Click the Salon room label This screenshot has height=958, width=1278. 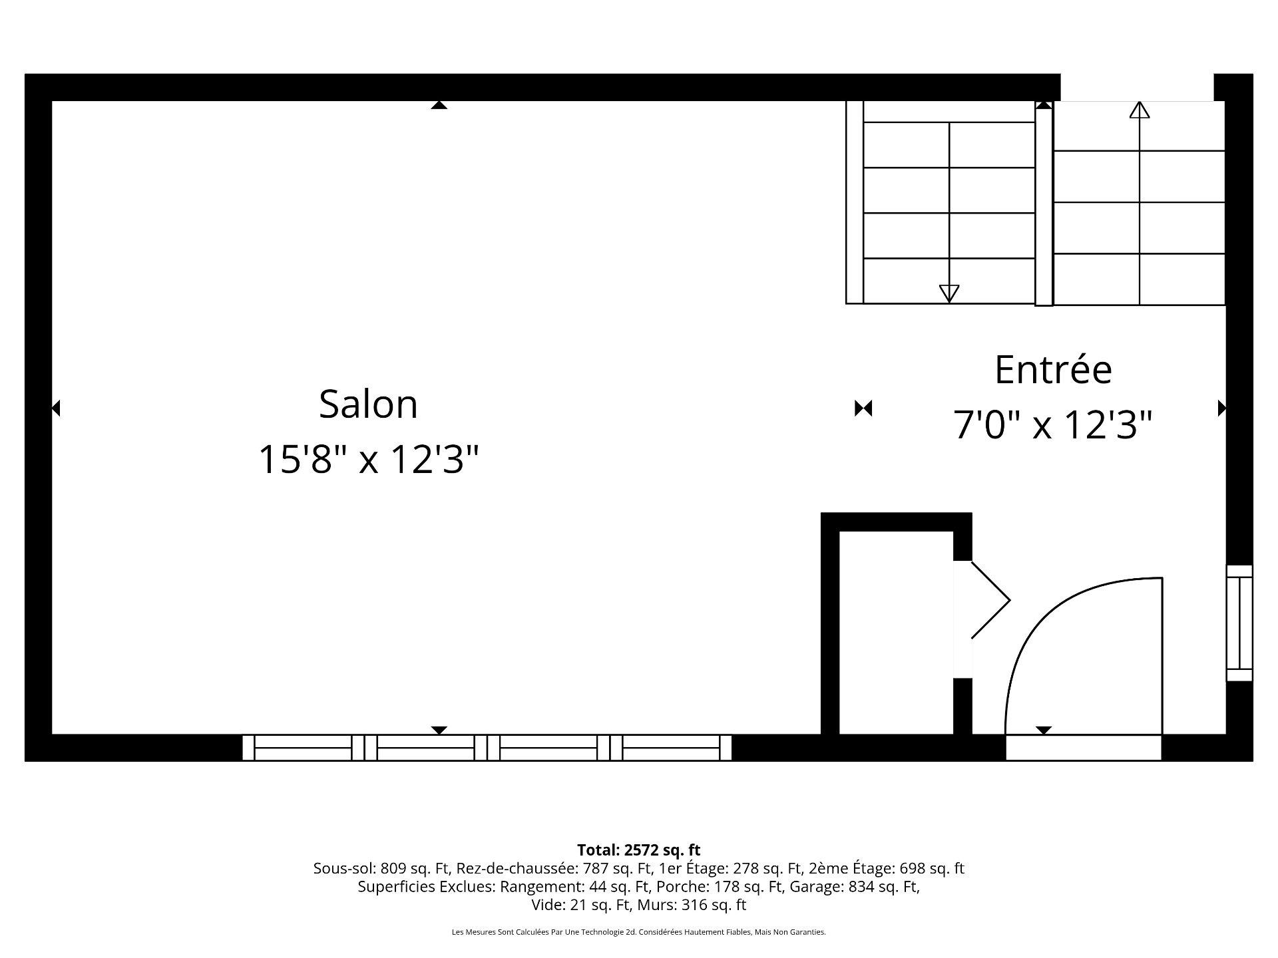point(368,404)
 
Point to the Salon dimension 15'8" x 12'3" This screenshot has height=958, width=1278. point(368,459)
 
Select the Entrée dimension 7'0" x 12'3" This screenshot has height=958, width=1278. point(1053,424)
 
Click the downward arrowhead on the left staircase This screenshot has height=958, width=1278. point(949,293)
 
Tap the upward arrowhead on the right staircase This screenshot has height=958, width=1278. point(1140,110)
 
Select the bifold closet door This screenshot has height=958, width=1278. point(990,600)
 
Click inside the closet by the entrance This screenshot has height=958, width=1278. point(896,632)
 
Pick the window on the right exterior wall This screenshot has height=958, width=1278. point(1239,623)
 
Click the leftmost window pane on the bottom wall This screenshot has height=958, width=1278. point(303,748)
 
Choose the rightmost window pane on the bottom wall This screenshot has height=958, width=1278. point(671,748)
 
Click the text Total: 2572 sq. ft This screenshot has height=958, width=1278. point(638,850)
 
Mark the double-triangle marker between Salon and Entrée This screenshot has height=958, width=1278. point(863,408)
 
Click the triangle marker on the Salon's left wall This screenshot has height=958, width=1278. point(56,408)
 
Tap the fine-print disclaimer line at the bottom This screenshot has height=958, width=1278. point(638,932)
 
